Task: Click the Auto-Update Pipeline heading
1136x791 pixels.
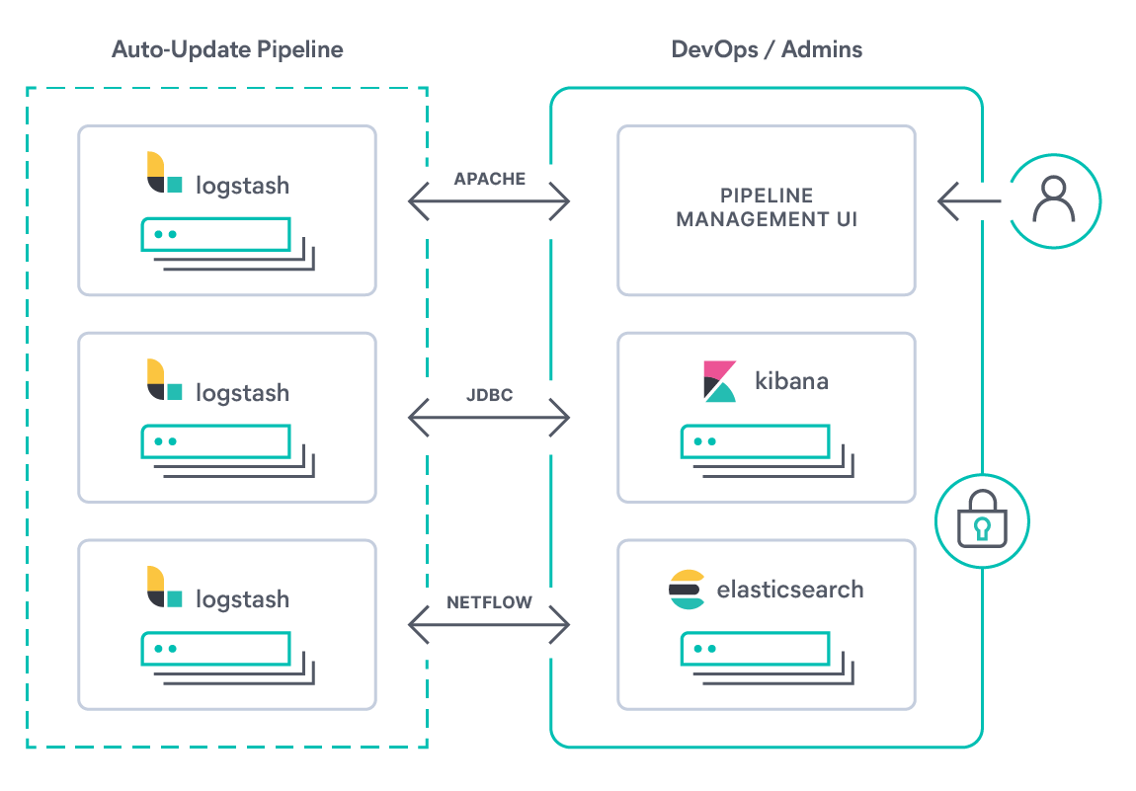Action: [x=227, y=49]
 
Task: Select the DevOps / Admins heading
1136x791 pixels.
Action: [x=767, y=49]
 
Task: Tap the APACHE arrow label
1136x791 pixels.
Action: [x=490, y=179]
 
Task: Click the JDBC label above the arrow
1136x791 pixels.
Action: [x=490, y=396]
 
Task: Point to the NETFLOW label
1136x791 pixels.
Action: [x=490, y=601]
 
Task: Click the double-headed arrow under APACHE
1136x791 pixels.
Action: [x=490, y=202]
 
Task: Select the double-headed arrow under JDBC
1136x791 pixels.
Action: [x=490, y=419]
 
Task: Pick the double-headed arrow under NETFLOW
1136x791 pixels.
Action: [x=490, y=624]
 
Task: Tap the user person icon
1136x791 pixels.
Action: [x=1054, y=200]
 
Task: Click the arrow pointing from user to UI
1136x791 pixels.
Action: [x=968, y=201]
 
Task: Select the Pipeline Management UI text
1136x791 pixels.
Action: [x=767, y=207]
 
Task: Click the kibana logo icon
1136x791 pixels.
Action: [x=720, y=381]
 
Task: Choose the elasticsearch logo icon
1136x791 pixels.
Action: [x=687, y=590]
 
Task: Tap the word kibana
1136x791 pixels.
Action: [x=790, y=380]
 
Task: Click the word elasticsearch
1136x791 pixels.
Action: [x=789, y=590]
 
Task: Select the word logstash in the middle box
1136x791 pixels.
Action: [x=242, y=393]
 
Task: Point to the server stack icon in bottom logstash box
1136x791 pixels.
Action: [x=227, y=659]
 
